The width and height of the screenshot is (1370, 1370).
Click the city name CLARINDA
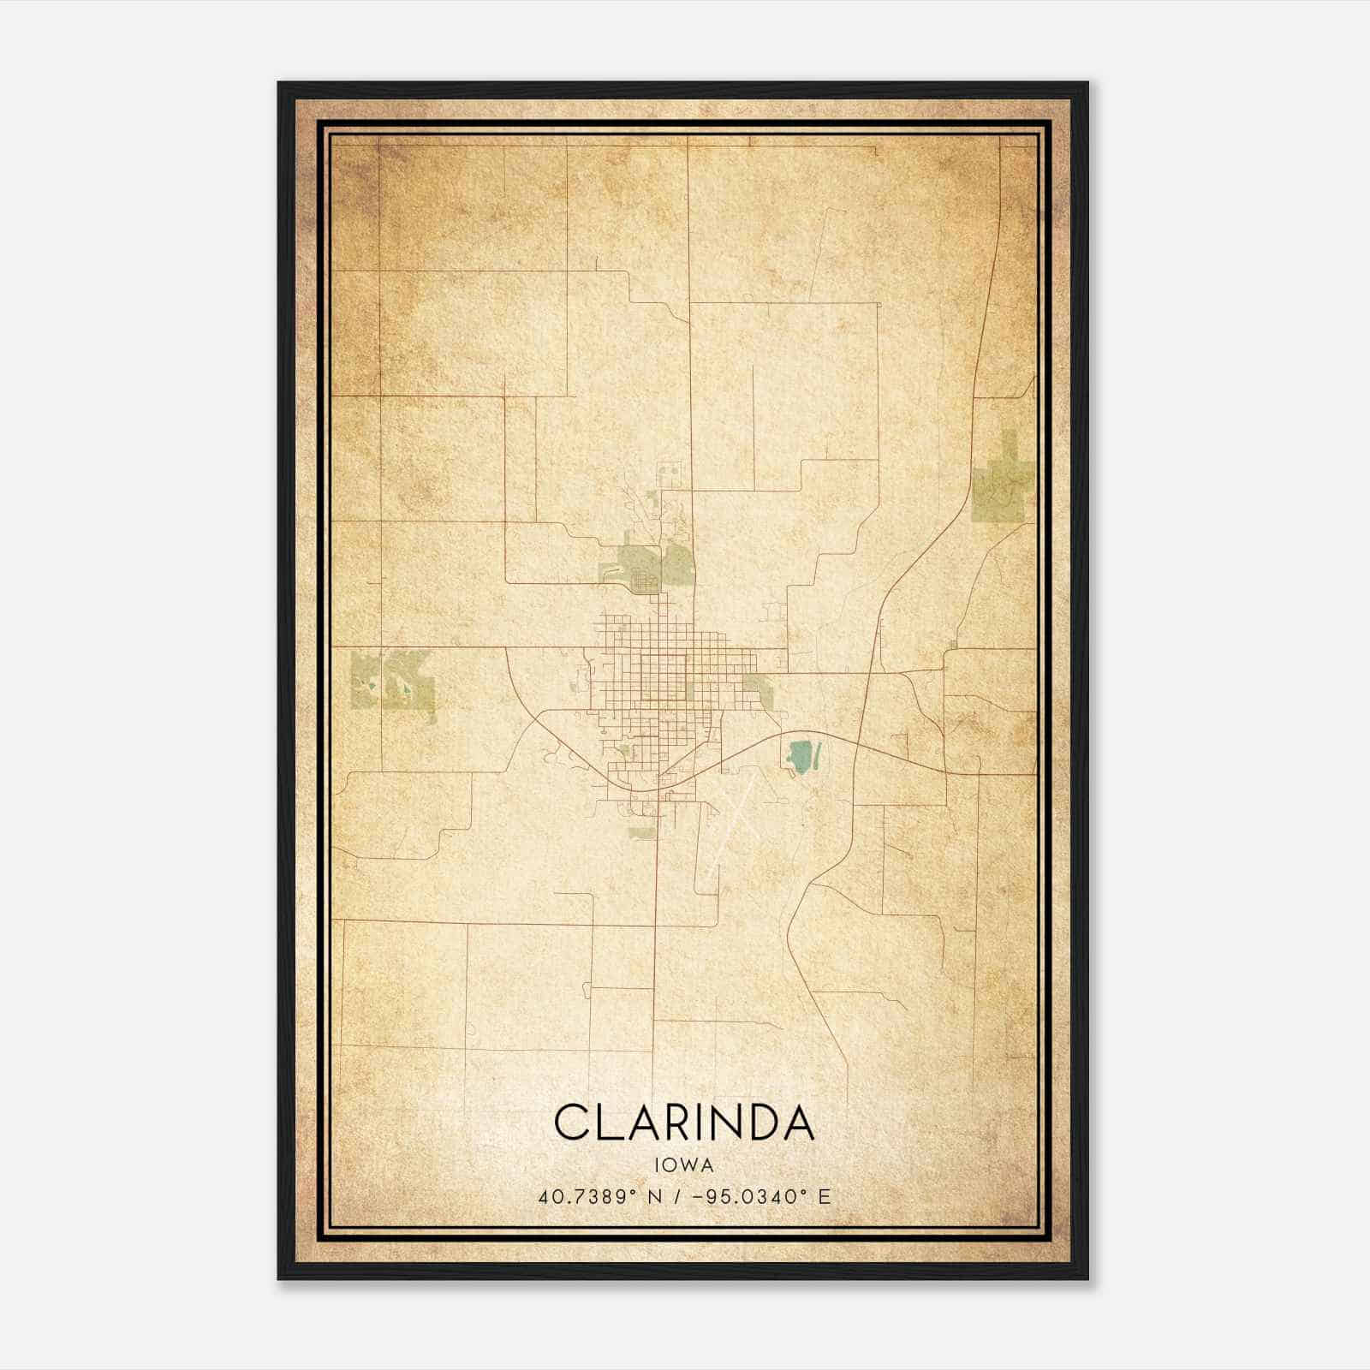click(x=684, y=1123)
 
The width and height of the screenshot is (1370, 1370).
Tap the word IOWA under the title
click(x=684, y=1165)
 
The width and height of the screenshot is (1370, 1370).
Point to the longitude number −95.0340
click(x=749, y=1197)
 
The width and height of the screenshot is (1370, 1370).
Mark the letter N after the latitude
click(x=653, y=1197)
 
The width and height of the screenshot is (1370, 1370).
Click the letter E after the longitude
click(x=824, y=1197)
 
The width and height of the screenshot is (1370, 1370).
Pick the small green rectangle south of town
click(x=640, y=831)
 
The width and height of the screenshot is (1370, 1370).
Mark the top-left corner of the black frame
click(x=279, y=83)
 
